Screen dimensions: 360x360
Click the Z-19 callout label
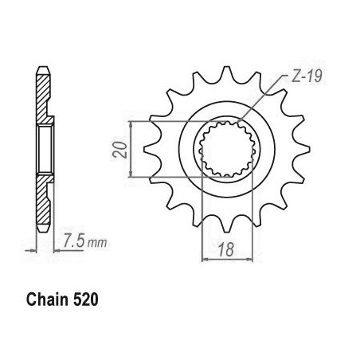(307, 76)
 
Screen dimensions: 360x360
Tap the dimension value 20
(119, 150)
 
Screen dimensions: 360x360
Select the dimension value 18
(226, 249)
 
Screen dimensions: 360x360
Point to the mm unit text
(97, 243)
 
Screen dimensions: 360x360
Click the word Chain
(47, 299)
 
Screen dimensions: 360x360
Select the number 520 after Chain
(85, 299)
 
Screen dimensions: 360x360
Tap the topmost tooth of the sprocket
(226, 73)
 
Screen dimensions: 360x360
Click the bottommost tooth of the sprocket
(226, 225)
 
